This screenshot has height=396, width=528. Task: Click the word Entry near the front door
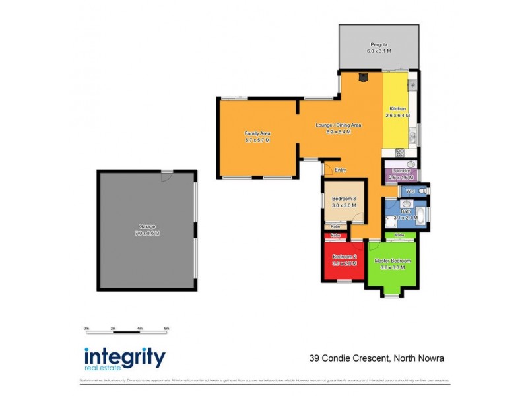tap(341, 170)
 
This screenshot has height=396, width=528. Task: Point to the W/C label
tap(410, 191)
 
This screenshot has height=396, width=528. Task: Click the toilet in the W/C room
tap(423, 191)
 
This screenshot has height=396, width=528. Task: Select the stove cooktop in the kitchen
tap(411, 86)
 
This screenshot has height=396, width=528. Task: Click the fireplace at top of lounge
tap(362, 77)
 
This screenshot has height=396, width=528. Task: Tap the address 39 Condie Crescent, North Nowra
tap(376, 359)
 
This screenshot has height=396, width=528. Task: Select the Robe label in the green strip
tap(399, 235)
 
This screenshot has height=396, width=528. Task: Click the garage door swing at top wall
tap(168, 176)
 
